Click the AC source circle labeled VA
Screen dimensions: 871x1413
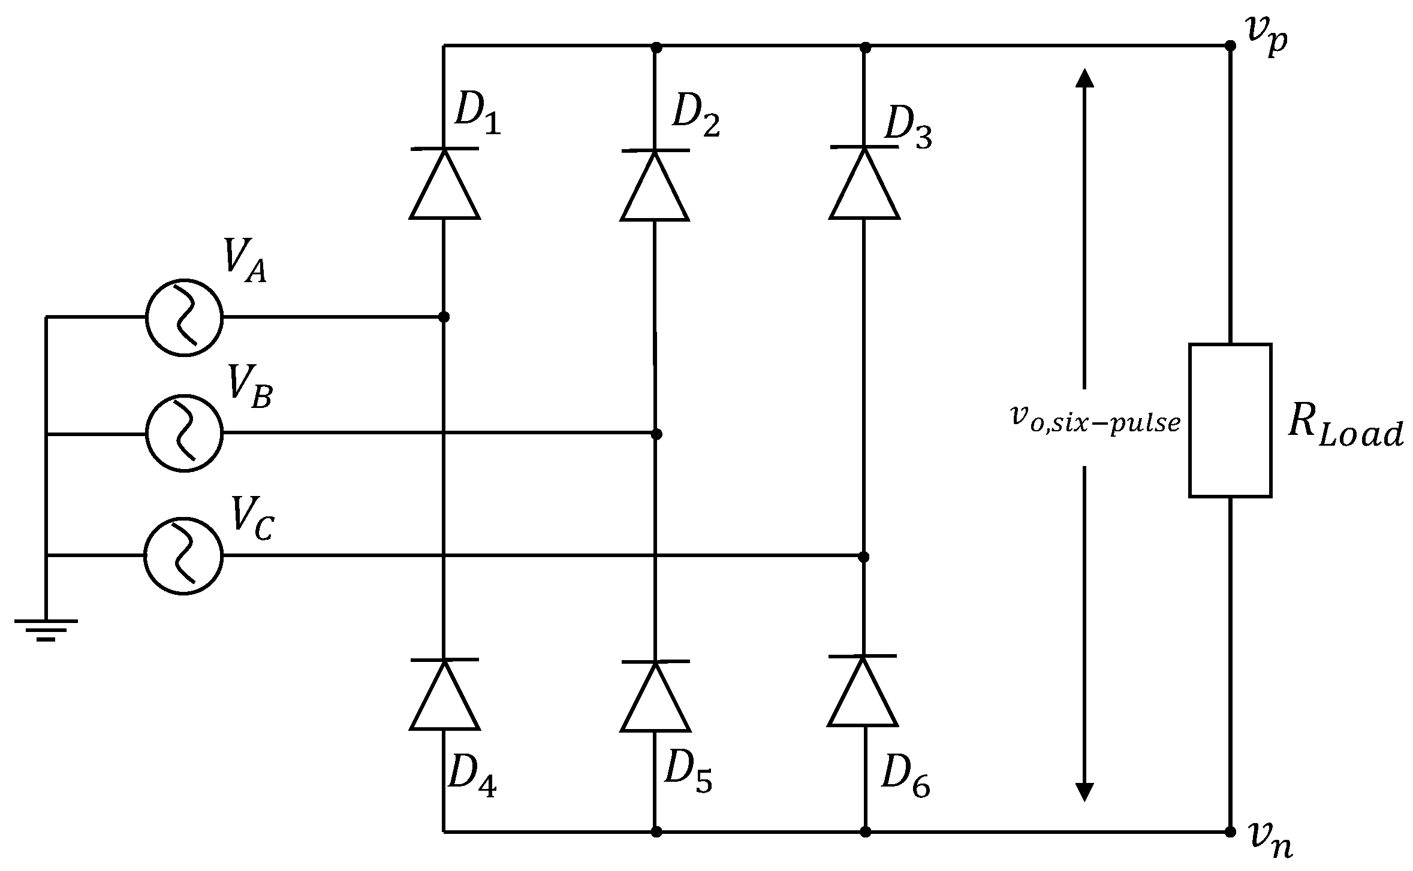184,317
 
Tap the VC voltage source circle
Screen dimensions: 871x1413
183,555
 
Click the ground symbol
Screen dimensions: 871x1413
46,630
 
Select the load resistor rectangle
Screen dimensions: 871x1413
1230,421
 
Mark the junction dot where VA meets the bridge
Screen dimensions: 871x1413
444,317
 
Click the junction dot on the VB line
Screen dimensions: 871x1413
656,434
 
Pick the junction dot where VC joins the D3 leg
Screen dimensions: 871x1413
864,557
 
